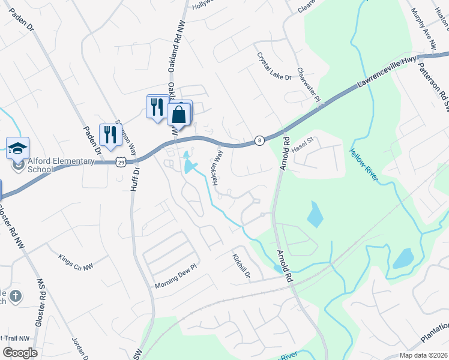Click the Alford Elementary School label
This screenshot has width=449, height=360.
41,164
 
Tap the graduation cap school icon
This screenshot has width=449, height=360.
18,148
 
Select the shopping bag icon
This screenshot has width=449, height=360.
179,114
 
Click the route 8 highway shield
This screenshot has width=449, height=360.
259,139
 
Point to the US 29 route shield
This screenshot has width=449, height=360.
120,162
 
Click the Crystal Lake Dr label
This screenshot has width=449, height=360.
274,67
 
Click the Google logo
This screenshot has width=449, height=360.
20,352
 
